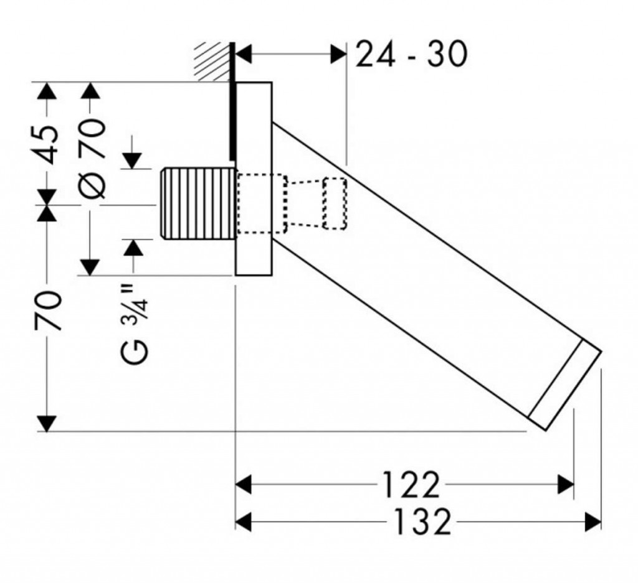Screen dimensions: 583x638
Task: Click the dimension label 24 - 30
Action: pos(411,55)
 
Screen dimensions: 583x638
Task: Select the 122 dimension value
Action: pos(411,485)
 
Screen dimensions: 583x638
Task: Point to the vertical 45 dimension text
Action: pos(49,144)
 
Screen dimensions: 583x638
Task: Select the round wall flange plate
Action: pos(254,179)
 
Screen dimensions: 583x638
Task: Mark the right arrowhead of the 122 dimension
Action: pos(566,485)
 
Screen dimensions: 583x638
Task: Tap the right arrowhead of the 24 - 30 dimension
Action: pos(339,55)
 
